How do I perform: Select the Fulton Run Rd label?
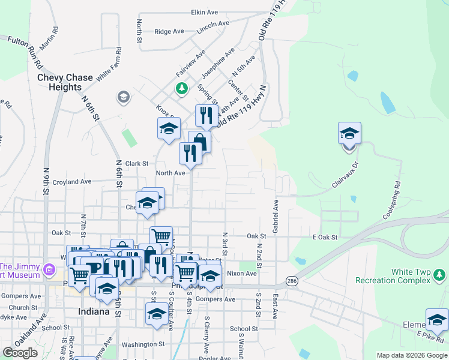tap(25, 51)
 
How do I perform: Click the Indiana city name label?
tap(94, 312)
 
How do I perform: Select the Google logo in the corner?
tap(20, 353)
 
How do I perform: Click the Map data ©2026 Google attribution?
tap(411, 355)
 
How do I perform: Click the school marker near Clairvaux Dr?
tap(349, 133)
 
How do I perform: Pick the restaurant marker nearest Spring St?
tap(206, 115)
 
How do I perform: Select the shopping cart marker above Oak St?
tap(161, 236)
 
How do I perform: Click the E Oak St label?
tap(326, 238)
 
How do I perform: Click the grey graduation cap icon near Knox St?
tap(124, 97)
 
